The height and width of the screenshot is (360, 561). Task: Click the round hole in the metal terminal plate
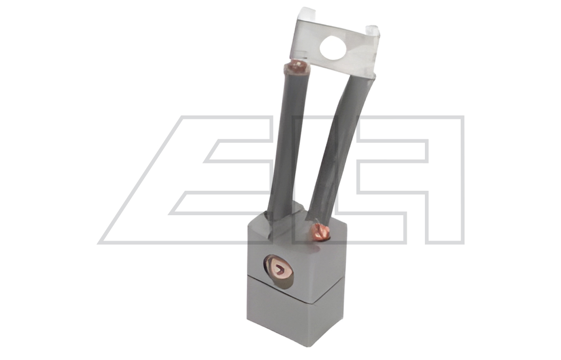point(333,47)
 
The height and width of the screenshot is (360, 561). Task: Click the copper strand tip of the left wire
point(297,66)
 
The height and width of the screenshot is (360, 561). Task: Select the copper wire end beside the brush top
point(320,232)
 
